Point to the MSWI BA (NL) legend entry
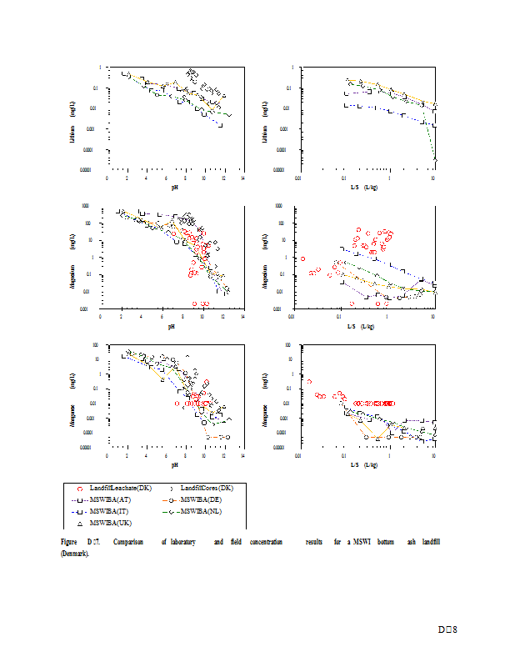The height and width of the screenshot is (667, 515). click(x=207, y=510)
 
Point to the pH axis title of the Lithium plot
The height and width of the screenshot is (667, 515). click(x=173, y=188)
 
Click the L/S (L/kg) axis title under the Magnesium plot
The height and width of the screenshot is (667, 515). click(x=364, y=325)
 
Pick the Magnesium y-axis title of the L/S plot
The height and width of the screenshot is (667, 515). click(x=265, y=256)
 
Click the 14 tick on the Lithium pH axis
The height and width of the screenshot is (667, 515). click(x=242, y=178)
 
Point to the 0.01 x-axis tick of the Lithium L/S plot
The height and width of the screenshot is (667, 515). click(x=298, y=178)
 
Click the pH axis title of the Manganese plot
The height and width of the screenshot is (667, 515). click(x=173, y=464)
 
